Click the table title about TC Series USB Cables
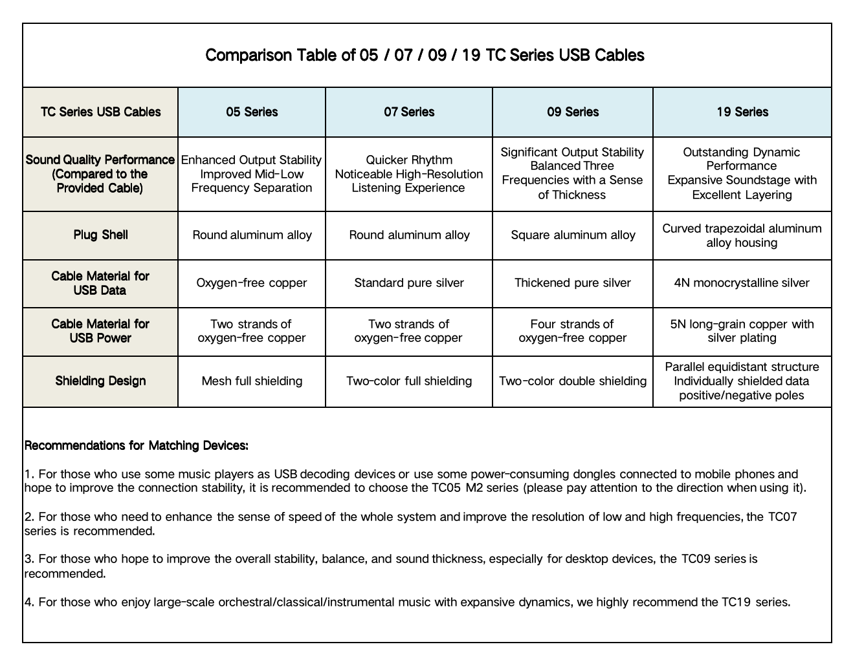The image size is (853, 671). (x=425, y=56)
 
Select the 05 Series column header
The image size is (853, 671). (x=252, y=112)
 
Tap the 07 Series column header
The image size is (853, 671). (x=409, y=112)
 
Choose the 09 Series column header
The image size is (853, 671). (x=573, y=112)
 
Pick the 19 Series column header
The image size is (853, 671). (x=742, y=112)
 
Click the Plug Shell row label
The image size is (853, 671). (x=100, y=235)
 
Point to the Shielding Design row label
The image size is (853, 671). (x=100, y=381)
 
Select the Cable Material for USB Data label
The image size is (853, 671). (x=100, y=283)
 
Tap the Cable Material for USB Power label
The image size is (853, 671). (x=100, y=331)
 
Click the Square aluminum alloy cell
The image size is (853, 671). (x=573, y=235)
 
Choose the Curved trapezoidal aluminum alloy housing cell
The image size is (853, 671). (x=742, y=235)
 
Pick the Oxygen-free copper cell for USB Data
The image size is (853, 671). (x=252, y=283)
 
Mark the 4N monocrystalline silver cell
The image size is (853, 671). (x=742, y=283)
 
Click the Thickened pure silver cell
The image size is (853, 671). (x=573, y=283)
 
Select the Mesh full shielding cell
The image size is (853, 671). (x=252, y=381)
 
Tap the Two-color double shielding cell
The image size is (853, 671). (x=573, y=381)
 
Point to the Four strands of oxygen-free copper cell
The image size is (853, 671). (x=573, y=331)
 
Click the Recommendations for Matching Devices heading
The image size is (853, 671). (x=137, y=445)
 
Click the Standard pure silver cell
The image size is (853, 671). (x=409, y=283)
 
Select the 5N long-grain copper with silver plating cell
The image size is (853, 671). (x=742, y=331)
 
